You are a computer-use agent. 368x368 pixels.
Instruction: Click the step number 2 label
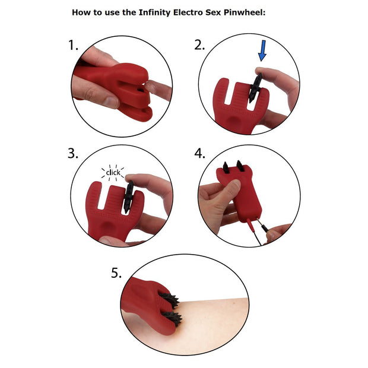click(200, 46)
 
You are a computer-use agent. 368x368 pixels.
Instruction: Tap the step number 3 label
click(73, 154)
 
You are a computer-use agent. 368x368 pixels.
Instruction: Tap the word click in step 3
click(113, 173)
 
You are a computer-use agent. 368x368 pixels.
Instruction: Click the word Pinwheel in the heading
click(241, 11)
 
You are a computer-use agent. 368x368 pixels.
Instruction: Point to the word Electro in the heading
click(177, 11)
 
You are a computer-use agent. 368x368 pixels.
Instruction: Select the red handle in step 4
click(240, 196)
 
